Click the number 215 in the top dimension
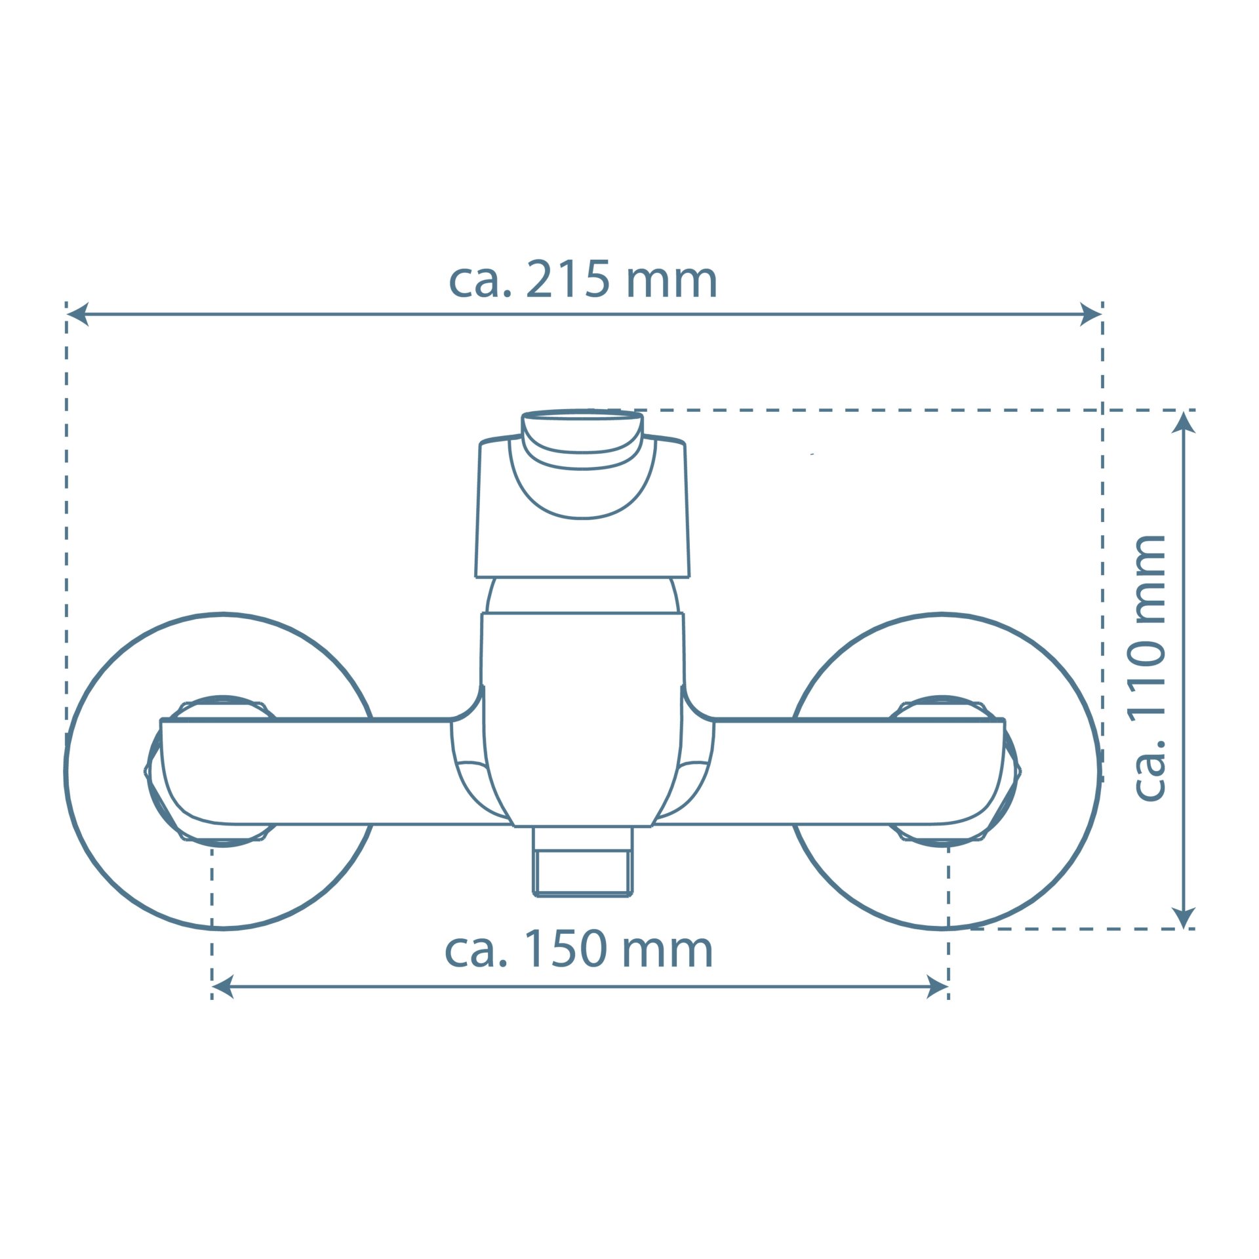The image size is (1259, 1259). coord(569,279)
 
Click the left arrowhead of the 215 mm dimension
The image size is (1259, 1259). coord(77,314)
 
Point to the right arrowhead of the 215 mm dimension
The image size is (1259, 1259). coord(1090,314)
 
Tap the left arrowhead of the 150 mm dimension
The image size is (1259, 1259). coord(223,986)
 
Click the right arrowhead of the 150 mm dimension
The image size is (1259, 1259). coord(937,986)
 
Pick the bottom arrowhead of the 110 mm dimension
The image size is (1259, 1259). coord(1184,917)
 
